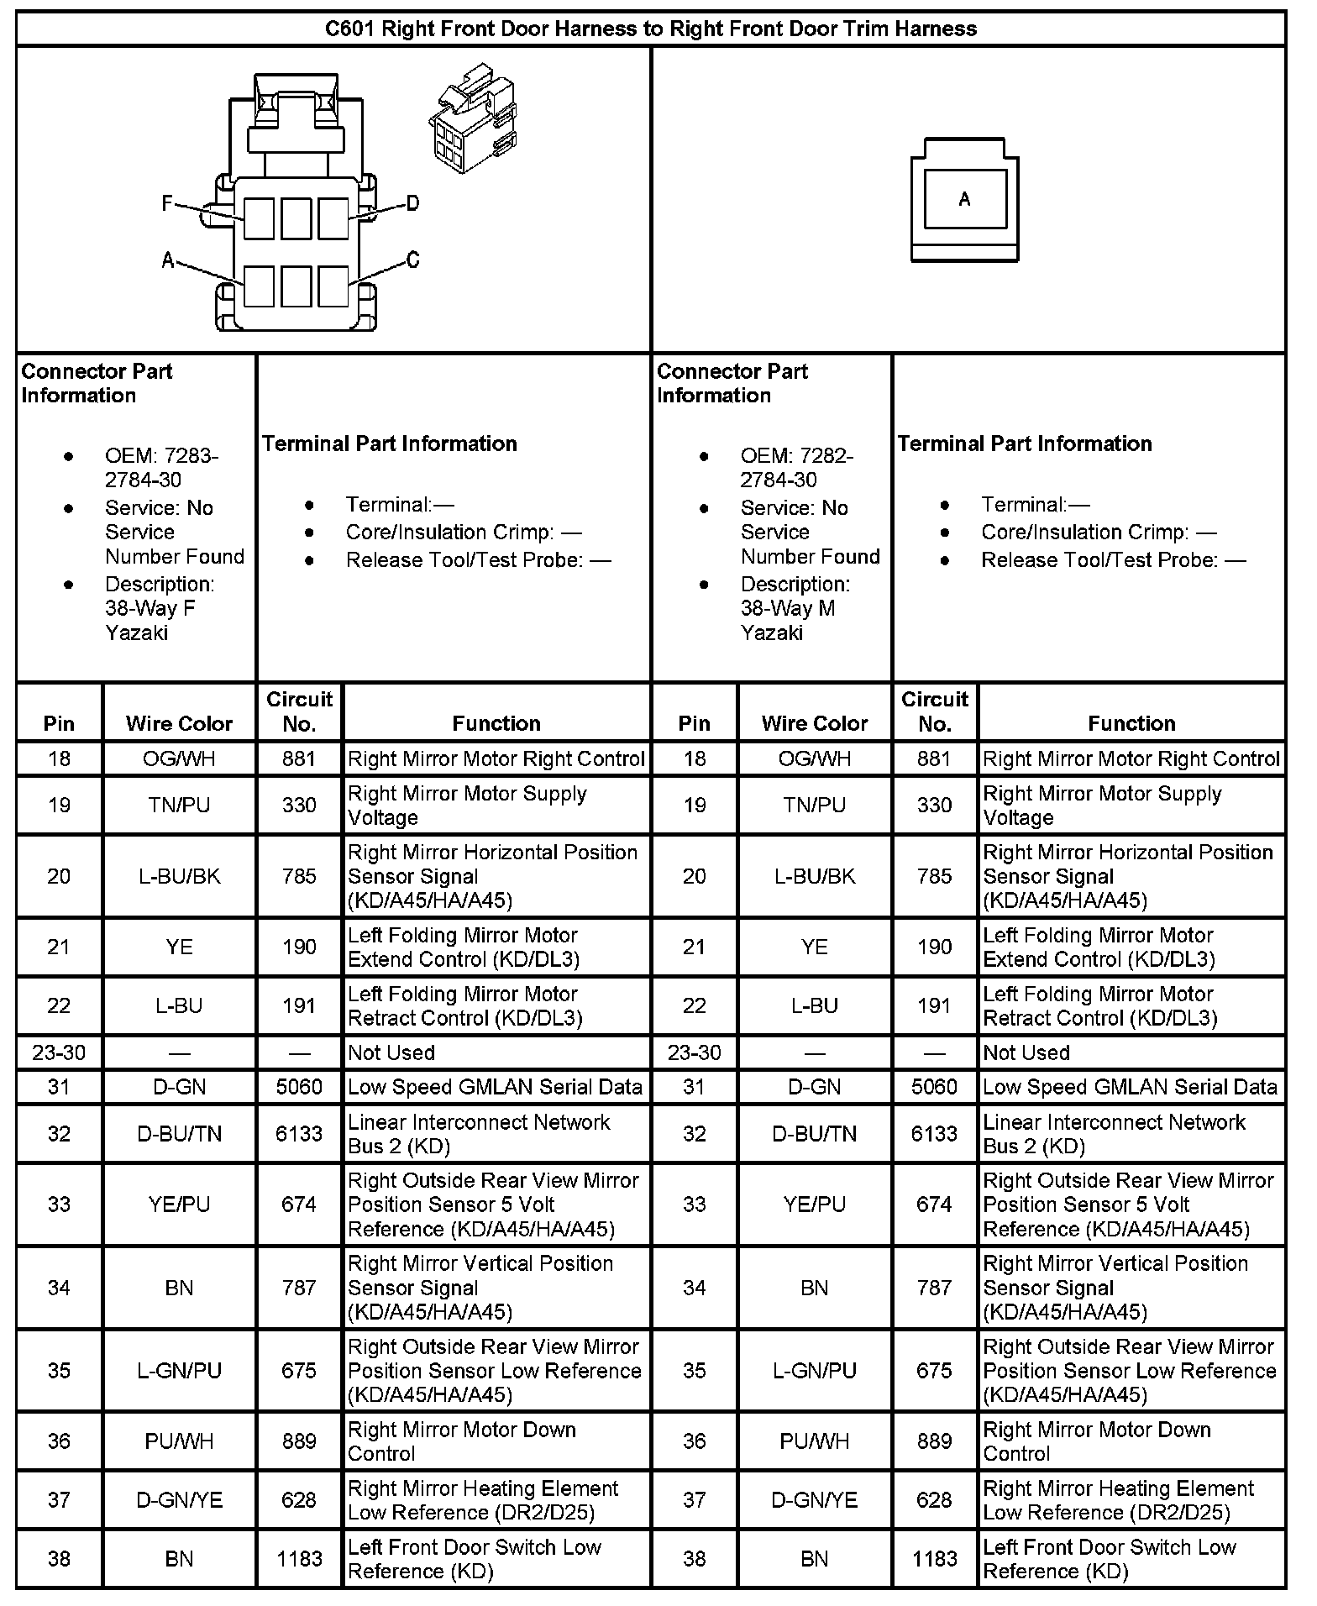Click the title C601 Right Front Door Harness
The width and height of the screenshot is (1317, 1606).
click(x=651, y=29)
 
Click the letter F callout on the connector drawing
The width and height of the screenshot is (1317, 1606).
click(x=168, y=203)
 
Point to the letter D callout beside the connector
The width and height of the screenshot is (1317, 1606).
click(x=412, y=203)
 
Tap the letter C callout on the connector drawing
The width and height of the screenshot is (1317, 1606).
click(x=412, y=260)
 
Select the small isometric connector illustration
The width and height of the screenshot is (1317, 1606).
click(x=471, y=118)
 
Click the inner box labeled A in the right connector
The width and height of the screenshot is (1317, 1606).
click(x=964, y=199)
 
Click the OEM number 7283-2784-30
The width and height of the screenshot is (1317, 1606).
click(x=160, y=468)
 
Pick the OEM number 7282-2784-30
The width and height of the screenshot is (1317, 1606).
click(x=796, y=468)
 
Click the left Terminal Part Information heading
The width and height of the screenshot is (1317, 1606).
click(x=390, y=443)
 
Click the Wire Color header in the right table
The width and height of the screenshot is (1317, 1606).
click(x=814, y=723)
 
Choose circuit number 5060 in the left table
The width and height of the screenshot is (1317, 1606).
click(x=299, y=1087)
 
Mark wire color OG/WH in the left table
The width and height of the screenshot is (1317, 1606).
click(x=179, y=758)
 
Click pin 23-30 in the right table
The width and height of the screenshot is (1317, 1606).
click(x=694, y=1052)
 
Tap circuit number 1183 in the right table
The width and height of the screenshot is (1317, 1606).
click(x=934, y=1559)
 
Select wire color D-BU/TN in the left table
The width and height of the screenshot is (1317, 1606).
click(x=179, y=1134)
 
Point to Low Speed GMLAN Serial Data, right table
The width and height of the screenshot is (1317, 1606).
click(x=1130, y=1087)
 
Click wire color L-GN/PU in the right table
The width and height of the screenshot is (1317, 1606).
click(x=814, y=1371)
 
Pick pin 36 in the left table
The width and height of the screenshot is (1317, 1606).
click(x=59, y=1441)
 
